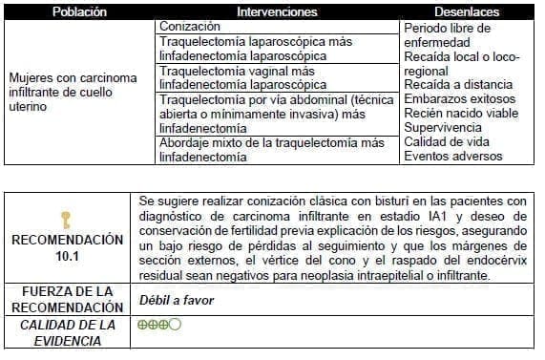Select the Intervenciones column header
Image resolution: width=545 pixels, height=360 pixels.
278,12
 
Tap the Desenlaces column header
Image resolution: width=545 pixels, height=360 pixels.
468,12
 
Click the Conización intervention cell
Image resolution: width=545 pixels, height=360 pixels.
191,27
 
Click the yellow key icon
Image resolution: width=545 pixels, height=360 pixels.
66,220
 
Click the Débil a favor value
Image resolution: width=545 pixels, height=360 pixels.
176,300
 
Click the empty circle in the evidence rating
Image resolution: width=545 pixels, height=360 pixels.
176,325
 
